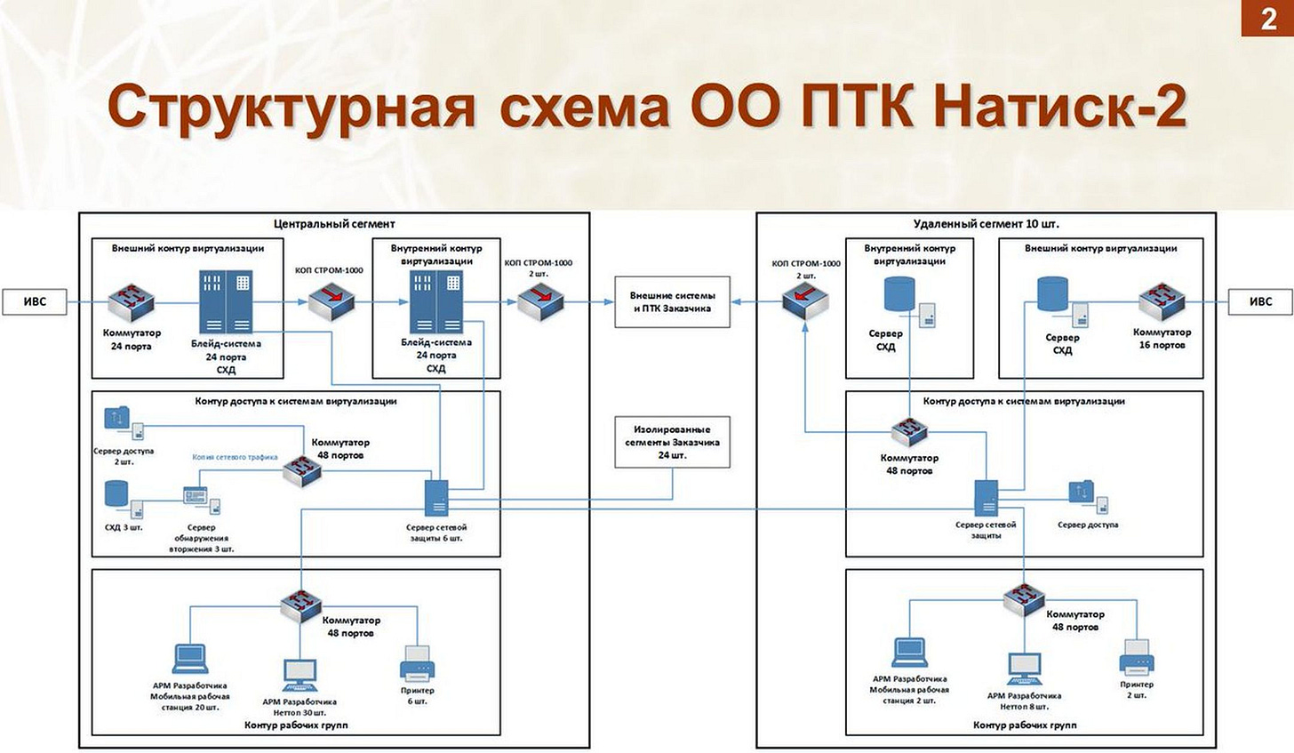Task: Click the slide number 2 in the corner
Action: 1267,19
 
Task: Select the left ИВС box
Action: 35,301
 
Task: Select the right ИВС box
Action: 1260,301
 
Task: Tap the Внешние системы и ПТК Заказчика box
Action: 672,301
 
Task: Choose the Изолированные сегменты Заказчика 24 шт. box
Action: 672,442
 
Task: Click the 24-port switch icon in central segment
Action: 132,302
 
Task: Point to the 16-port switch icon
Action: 1161,301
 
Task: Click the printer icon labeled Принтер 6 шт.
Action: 417,663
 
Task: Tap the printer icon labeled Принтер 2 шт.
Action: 1137,658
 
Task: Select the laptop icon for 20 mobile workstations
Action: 190,659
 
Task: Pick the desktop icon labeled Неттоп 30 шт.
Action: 300,676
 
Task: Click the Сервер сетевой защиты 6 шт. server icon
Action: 436,498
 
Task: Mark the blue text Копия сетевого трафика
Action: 235,457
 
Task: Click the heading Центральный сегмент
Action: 334,224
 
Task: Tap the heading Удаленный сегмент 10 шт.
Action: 986,224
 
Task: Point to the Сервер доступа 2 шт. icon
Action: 124,423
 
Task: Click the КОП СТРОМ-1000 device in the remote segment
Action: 805,301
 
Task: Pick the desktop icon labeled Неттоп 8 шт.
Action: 1024,670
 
